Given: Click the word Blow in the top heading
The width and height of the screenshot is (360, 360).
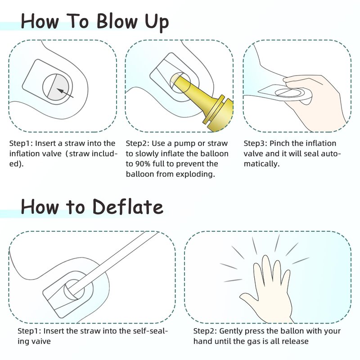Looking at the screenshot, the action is pos(117,21).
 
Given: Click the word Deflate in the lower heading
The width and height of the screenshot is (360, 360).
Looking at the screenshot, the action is pos(128,207).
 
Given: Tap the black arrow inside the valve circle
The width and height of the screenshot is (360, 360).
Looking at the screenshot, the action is pos(65,93).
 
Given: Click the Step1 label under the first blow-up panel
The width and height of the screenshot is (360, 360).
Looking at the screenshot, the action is pos(21,144).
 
